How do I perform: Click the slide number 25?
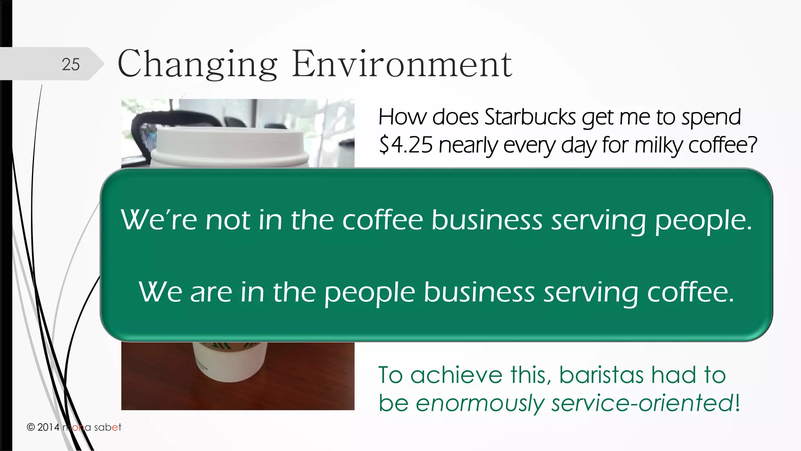pyautogui.click(x=71, y=64)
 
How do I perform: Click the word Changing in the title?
pyautogui.click(x=197, y=64)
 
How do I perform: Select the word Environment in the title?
pyautogui.click(x=402, y=64)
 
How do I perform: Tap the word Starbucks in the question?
pyautogui.click(x=530, y=117)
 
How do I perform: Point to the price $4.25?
pyautogui.click(x=406, y=145)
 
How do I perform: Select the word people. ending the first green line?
pyautogui.click(x=703, y=221)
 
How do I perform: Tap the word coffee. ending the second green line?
pyautogui.click(x=690, y=292)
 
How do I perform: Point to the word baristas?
pyautogui.click(x=601, y=375)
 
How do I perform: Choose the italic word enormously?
pyautogui.click(x=480, y=403)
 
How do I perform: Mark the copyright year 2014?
pyautogui.click(x=48, y=427)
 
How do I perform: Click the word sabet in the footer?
pyautogui.click(x=108, y=427)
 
